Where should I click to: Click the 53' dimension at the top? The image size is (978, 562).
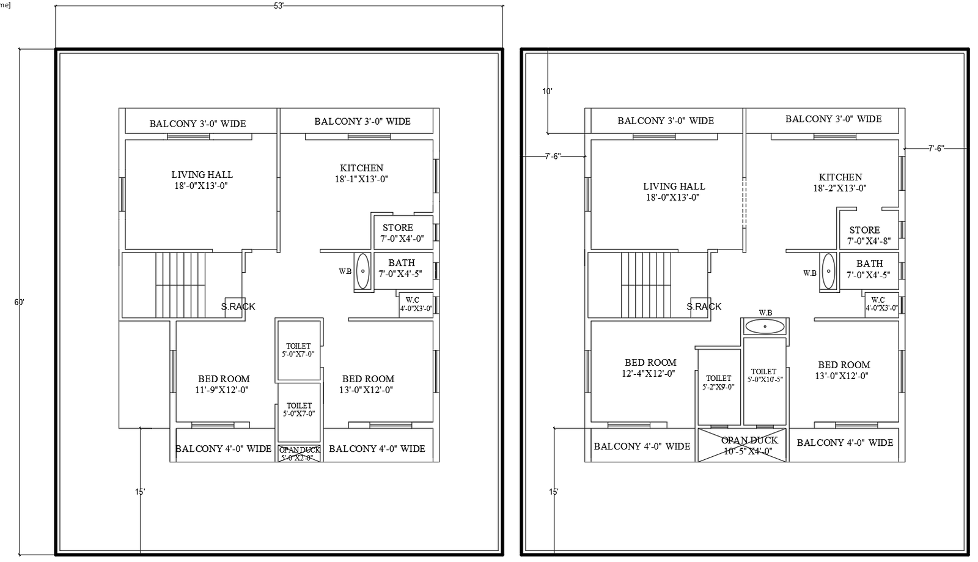(279, 5)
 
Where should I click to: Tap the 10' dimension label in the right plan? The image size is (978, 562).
(547, 91)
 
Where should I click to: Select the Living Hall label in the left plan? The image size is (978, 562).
(202, 180)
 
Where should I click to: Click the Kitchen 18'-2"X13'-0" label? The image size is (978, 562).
(840, 182)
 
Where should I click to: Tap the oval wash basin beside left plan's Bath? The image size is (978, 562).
(362, 271)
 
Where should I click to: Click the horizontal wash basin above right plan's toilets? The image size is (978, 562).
(764, 326)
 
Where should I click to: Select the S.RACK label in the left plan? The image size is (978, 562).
(238, 306)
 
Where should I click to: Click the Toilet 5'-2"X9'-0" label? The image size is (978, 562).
(719, 382)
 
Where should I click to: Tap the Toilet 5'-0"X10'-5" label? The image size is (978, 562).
(764, 375)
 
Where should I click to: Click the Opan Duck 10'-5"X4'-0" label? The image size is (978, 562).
(749, 446)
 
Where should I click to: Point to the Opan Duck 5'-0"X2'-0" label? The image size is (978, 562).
(300, 453)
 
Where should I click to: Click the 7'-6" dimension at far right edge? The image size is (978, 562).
(936, 148)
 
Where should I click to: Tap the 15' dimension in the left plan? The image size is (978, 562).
(140, 491)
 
